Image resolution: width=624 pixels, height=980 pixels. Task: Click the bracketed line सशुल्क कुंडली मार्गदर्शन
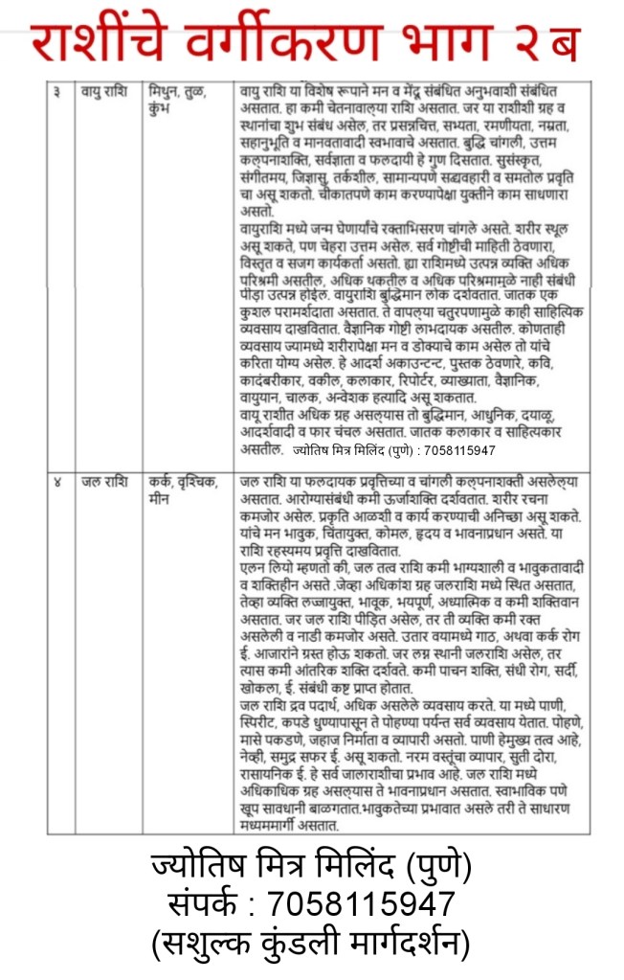point(311,946)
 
